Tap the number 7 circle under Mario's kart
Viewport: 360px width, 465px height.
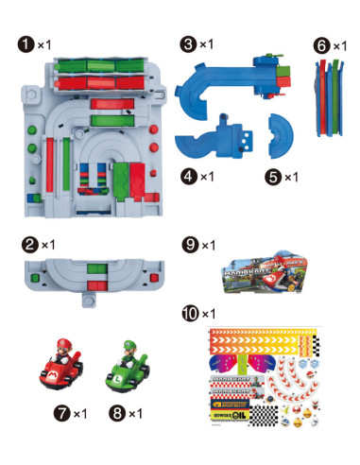coord(63,414)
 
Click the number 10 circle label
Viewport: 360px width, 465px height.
coord(189,313)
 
